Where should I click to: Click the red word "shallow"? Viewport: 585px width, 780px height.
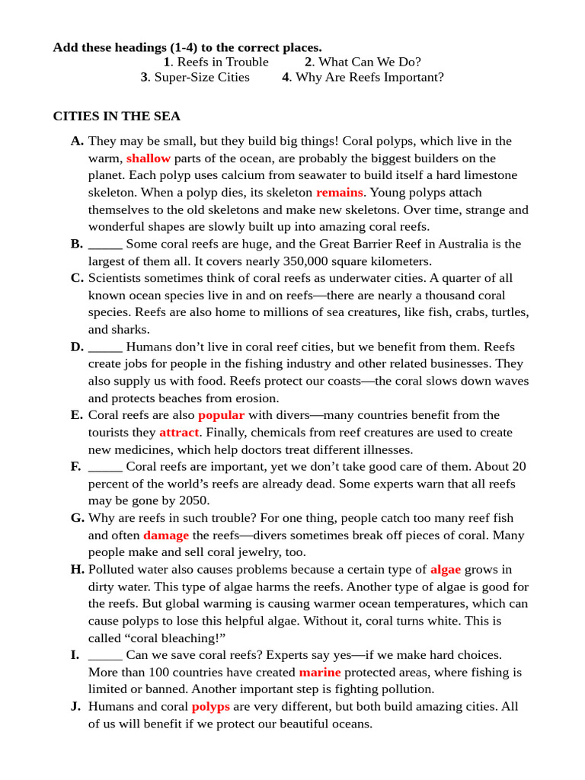pyautogui.click(x=149, y=158)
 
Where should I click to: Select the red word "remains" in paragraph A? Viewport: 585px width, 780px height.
pyautogui.click(x=340, y=193)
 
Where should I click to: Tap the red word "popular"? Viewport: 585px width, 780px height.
pyautogui.click(x=221, y=415)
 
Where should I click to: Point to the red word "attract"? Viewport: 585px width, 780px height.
pyautogui.click(x=179, y=433)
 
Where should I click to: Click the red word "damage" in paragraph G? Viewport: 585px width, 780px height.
pyautogui.click(x=166, y=535)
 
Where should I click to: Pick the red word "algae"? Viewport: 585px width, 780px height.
pyautogui.click(x=446, y=570)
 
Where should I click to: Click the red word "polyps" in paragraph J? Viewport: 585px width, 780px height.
pyautogui.click(x=211, y=707)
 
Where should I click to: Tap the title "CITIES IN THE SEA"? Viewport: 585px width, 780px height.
pyautogui.click(x=117, y=117)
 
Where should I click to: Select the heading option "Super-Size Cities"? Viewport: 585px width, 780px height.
pyautogui.click(x=202, y=78)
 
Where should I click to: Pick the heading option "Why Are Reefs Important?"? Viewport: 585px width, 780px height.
pyautogui.click(x=369, y=78)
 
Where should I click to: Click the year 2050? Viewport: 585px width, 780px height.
pyautogui.click(x=194, y=501)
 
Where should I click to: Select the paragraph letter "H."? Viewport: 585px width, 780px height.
pyautogui.click(x=77, y=570)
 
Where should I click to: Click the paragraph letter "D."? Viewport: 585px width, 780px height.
pyautogui.click(x=77, y=347)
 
